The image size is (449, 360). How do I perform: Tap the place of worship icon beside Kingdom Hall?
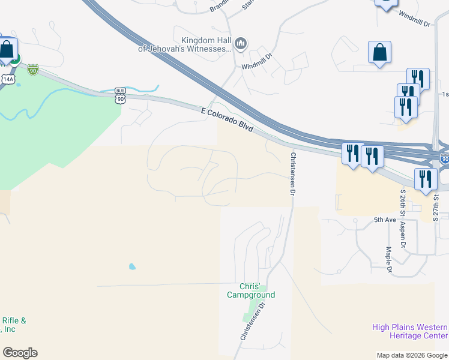coord(241,43)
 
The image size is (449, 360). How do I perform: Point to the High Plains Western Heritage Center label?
coord(410,331)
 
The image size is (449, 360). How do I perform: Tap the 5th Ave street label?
coord(385,220)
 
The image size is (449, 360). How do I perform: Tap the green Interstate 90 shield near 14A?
coord(33,70)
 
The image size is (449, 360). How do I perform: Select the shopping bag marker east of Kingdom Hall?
coord(379,53)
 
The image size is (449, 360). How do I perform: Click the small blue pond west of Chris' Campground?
coord(131,266)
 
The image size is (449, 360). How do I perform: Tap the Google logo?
coord(20,353)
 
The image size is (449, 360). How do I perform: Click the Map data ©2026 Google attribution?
coord(412,355)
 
